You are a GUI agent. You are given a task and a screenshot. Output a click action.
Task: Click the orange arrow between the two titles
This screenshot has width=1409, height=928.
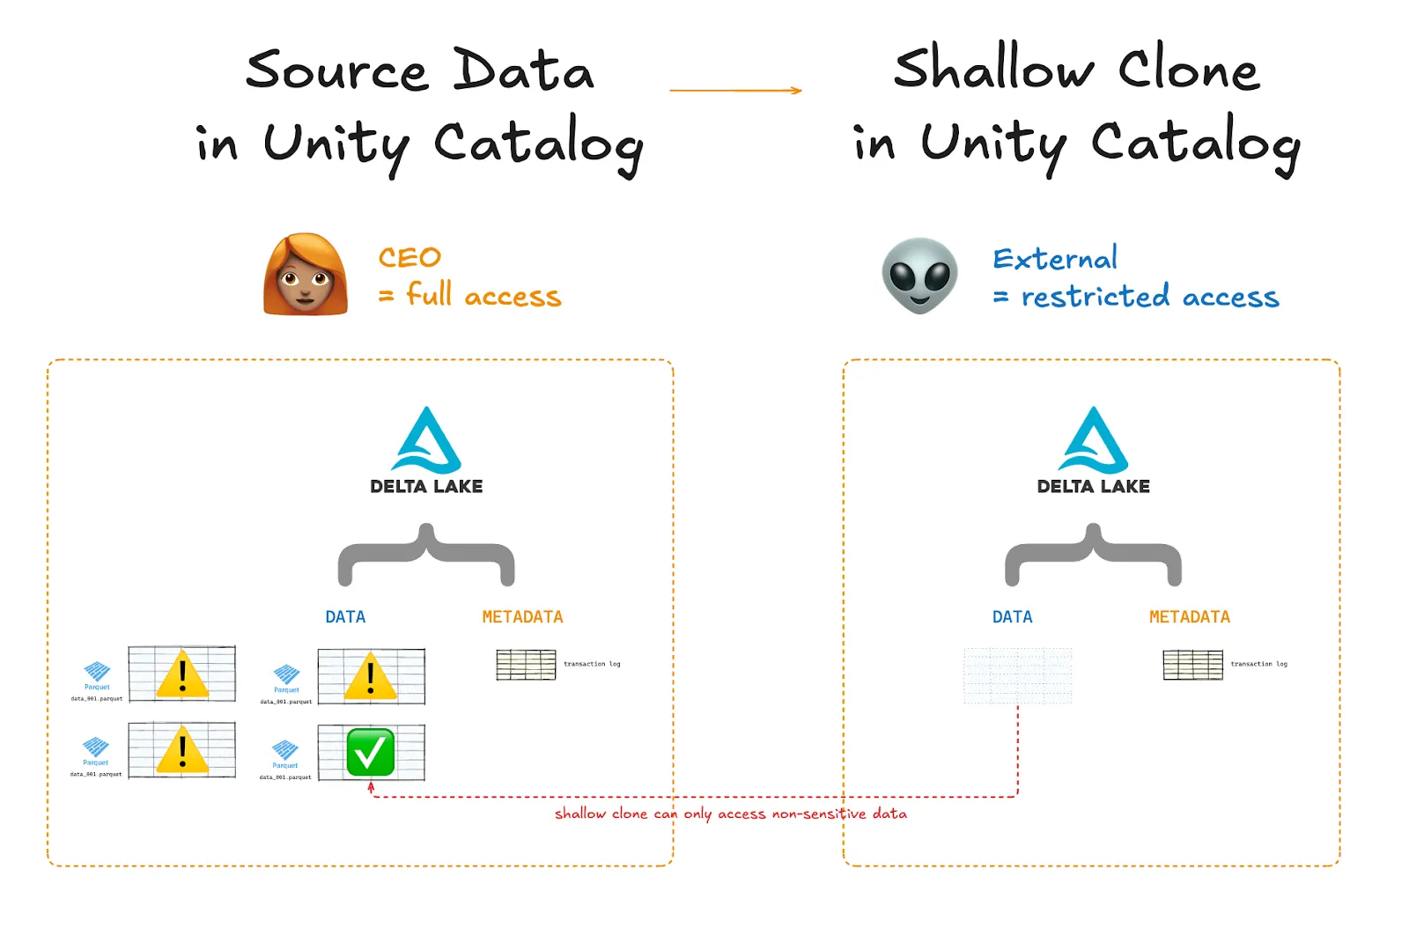[735, 90]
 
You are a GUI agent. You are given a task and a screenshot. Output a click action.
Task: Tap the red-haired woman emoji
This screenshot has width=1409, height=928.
[305, 275]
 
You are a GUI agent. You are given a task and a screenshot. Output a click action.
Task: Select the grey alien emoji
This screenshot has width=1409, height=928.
[919, 276]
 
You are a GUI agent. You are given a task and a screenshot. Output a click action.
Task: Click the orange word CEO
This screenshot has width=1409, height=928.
[409, 257]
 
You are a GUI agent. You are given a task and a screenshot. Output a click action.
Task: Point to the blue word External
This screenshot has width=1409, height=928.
[1055, 258]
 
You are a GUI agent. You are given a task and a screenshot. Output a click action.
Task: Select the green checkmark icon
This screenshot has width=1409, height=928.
[370, 752]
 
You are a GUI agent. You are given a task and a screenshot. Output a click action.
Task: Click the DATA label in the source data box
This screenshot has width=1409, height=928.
[345, 616]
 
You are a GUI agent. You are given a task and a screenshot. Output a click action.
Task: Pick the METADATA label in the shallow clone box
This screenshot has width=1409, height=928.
[1189, 616]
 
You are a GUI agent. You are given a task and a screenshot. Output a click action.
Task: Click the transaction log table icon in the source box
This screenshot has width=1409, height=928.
[526, 665]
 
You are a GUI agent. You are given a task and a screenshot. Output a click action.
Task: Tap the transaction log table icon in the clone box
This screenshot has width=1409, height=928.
[1192, 665]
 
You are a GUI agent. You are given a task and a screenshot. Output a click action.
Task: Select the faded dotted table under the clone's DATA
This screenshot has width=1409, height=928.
[1017, 675]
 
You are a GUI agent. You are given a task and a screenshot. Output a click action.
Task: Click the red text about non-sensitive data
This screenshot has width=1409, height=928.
[730, 814]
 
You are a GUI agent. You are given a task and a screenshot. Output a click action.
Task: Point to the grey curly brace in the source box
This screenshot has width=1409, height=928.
[426, 555]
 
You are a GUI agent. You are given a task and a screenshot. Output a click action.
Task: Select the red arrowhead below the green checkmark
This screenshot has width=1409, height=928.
[371, 787]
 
